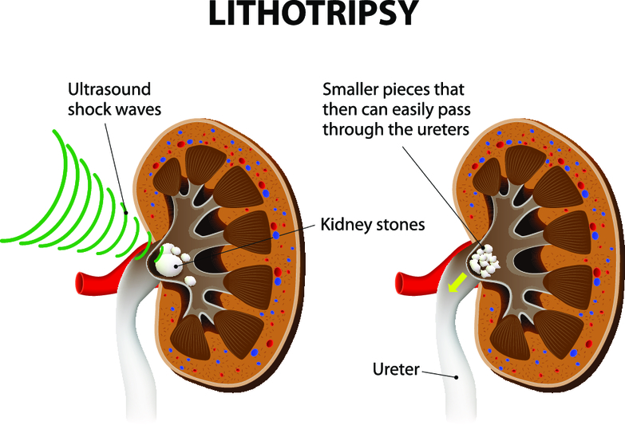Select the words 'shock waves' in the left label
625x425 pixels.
(x=115, y=109)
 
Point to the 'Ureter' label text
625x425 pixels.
(x=399, y=369)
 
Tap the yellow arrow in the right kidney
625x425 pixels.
(x=456, y=281)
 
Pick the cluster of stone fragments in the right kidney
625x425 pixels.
(x=484, y=261)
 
